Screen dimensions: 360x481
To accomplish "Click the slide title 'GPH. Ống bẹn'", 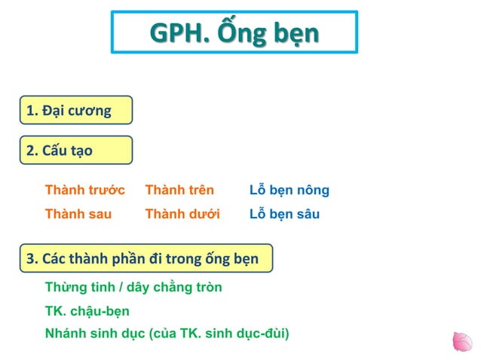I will (x=234, y=32).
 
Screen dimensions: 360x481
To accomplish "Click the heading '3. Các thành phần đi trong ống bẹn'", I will (x=142, y=258).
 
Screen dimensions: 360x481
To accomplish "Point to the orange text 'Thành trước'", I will (x=84, y=190).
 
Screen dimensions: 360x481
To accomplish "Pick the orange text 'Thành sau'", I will (x=78, y=214).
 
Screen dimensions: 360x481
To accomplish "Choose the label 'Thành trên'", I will (x=179, y=190).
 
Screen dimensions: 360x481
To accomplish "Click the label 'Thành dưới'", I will (x=182, y=214).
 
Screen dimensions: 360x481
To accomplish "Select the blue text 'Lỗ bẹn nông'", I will (x=289, y=190).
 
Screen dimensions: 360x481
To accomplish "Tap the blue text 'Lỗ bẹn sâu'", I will (x=284, y=214).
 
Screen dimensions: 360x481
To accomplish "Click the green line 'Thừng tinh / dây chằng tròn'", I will (x=133, y=288).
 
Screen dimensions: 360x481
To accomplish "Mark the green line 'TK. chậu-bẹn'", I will (x=87, y=311).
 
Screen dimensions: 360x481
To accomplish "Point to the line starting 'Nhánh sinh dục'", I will (x=167, y=333).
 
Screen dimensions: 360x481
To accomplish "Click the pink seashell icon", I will (x=461, y=342).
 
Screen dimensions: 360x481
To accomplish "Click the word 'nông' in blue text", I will (x=312, y=190).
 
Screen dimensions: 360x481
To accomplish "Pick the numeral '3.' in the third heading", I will (x=32, y=258).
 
